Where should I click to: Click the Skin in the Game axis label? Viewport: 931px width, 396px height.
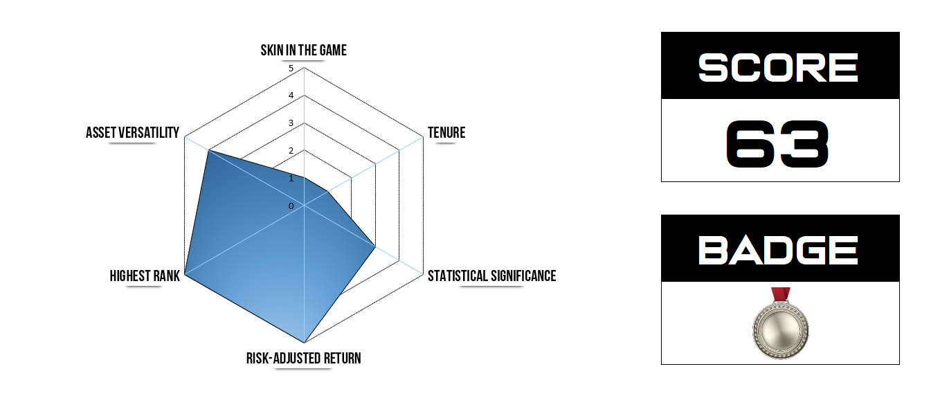303,51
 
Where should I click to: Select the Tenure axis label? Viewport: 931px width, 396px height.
446,132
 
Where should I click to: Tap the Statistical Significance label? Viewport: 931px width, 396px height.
491,276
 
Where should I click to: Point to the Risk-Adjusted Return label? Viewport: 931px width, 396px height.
303,358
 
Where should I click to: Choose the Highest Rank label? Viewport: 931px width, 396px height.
145,276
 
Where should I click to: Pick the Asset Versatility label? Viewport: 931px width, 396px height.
132,132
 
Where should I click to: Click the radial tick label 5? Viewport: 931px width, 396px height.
291,69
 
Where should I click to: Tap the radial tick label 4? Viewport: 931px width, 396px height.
291,96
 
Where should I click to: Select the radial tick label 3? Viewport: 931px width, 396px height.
291,123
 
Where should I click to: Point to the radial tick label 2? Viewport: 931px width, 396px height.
291,151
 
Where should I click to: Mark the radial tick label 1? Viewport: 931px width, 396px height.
291,179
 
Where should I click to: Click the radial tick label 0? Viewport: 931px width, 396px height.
291,206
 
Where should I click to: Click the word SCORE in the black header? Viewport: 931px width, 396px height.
779,67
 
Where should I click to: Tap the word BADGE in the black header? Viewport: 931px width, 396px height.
779,249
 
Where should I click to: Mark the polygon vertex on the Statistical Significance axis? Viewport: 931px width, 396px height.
375,246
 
